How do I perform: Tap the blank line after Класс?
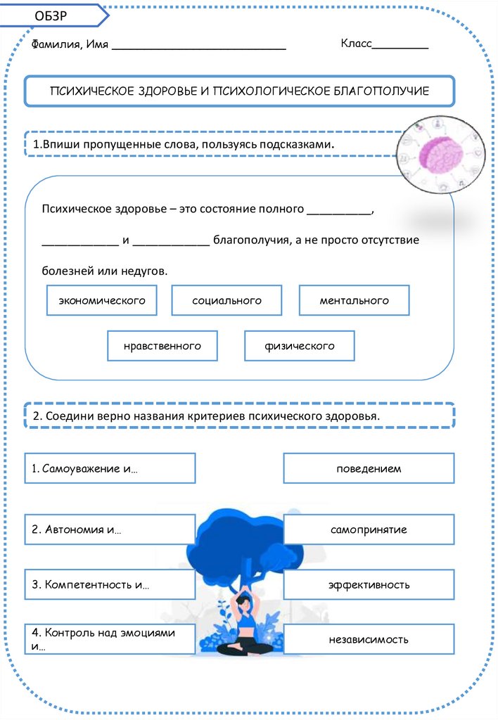pos(400,46)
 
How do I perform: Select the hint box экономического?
pos(101,301)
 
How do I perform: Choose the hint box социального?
pos(226,301)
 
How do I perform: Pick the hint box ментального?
pos(354,301)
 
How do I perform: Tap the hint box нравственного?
pos(162,346)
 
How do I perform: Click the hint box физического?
pos(300,346)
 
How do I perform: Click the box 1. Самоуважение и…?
pos(110,468)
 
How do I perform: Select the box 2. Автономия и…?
pos(110,529)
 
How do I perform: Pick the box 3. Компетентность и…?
pos(110,584)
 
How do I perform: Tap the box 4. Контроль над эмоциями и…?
pos(110,639)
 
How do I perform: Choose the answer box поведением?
pos(369,468)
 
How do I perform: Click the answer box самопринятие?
pos(369,529)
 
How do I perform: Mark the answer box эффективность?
pos(369,584)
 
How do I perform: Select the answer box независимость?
pos(369,640)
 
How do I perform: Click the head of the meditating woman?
pos(245,601)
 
